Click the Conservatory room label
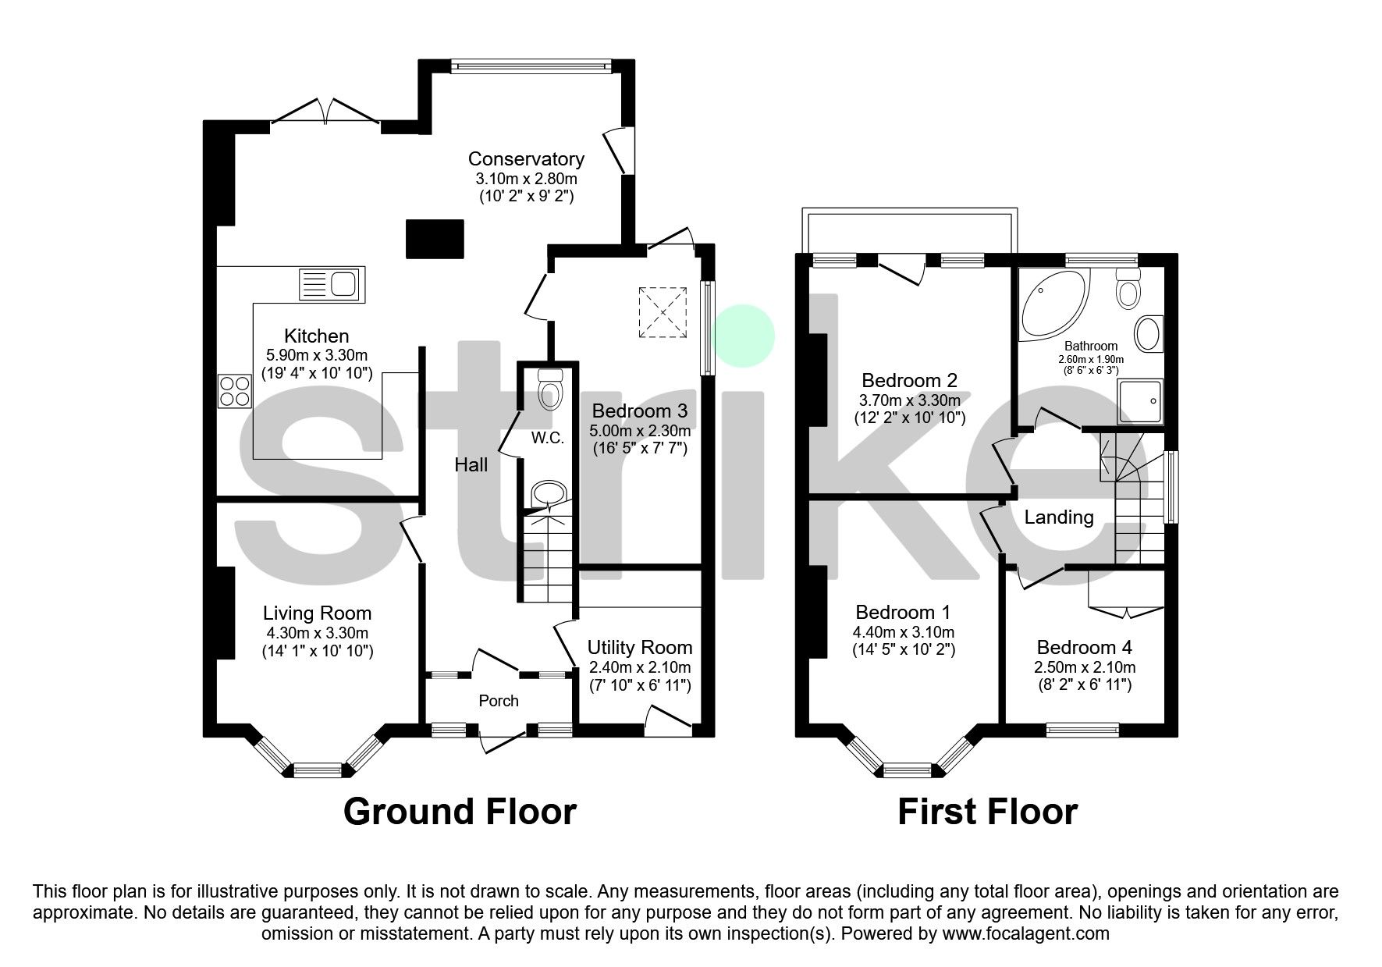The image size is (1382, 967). click(x=526, y=159)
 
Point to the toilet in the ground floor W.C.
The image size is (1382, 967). click(x=550, y=389)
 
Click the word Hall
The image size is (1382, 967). click(x=471, y=465)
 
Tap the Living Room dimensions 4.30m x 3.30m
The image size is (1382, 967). click(x=316, y=633)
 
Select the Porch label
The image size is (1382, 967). click(x=499, y=701)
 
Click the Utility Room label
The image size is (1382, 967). click(x=640, y=647)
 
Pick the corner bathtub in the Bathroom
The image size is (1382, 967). click(x=1050, y=303)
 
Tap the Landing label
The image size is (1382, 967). click(x=1059, y=517)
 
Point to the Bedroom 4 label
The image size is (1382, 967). click(x=1084, y=647)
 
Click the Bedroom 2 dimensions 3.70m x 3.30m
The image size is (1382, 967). click(x=910, y=400)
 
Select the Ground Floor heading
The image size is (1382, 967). click(x=460, y=812)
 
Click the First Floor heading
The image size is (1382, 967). click(x=987, y=812)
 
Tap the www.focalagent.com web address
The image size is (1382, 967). click(x=1025, y=933)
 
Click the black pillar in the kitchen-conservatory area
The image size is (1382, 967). click(x=435, y=238)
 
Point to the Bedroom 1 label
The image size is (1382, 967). click(x=903, y=612)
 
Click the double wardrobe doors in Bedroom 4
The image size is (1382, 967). click(x=1127, y=611)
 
